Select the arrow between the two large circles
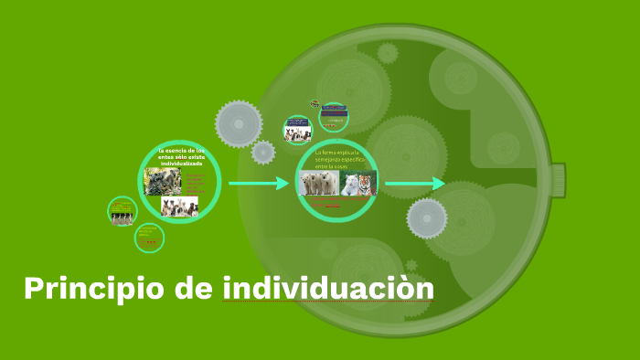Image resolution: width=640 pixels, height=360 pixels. click(258, 184)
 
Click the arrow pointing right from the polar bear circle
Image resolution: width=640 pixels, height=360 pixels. click(414, 185)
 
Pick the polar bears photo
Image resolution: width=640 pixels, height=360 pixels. click(319, 185)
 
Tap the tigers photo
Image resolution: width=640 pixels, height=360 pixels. click(358, 185)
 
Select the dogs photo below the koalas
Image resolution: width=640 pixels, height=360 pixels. click(179, 206)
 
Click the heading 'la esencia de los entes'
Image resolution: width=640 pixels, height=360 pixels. click(182, 155)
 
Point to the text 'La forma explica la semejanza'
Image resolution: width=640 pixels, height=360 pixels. click(339, 158)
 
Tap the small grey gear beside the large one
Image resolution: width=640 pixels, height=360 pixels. click(263, 152)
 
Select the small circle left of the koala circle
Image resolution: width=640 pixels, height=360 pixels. click(122, 212)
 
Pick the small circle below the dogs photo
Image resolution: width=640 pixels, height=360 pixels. click(149, 238)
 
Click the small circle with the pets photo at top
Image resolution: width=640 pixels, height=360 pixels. click(297, 130)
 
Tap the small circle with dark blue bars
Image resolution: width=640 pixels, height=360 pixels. click(334, 115)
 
